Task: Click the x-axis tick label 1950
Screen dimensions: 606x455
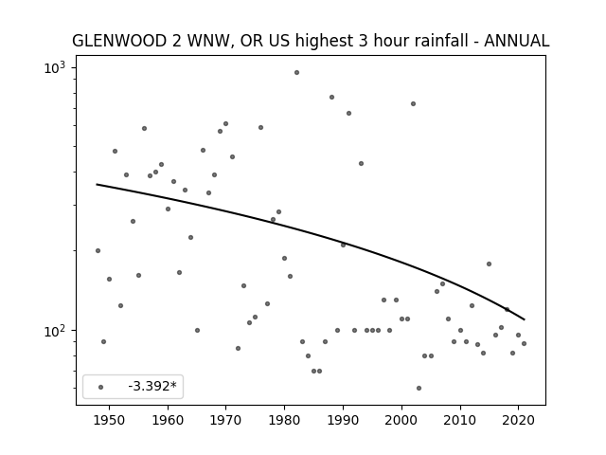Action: pyautogui.click(x=110, y=420)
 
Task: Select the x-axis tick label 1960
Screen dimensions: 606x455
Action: pyautogui.click(x=168, y=420)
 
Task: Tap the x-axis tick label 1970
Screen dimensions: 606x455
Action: pyautogui.click(x=225, y=420)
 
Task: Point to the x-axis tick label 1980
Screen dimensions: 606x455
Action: pyautogui.click(x=284, y=420)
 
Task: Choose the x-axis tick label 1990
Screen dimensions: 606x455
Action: pyautogui.click(x=343, y=420)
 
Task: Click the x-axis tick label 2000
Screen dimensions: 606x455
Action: pyautogui.click(x=401, y=420)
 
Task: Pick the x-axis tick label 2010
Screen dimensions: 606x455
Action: pyautogui.click(x=460, y=420)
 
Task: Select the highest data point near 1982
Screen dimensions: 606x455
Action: pyautogui.click(x=296, y=72)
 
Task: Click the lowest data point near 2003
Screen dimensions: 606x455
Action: pyautogui.click(x=419, y=388)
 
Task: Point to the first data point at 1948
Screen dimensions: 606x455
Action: pyautogui.click(x=98, y=250)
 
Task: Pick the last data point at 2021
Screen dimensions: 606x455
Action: pyautogui.click(x=524, y=343)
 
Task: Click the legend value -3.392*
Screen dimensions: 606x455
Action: pyautogui.click(x=152, y=386)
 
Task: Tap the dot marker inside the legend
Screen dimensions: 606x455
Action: pyautogui.click(x=101, y=387)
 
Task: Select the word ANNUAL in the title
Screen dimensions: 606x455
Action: pyautogui.click(x=516, y=41)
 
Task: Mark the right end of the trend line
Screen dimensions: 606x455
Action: pyautogui.click(x=524, y=319)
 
